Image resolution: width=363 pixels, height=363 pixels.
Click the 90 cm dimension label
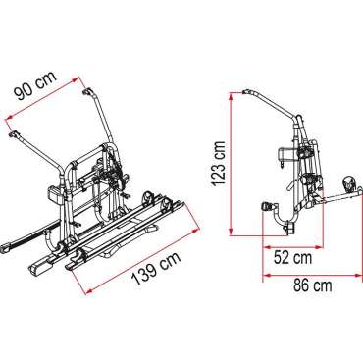36,85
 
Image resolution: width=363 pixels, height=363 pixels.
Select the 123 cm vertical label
219,164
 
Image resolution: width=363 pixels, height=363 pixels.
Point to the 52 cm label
292,258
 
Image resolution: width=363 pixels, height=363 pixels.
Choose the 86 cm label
312,285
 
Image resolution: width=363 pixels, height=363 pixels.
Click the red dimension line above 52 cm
293,247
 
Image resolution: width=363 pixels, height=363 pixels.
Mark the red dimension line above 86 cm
313,276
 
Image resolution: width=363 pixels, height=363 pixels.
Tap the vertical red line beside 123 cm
232,164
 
